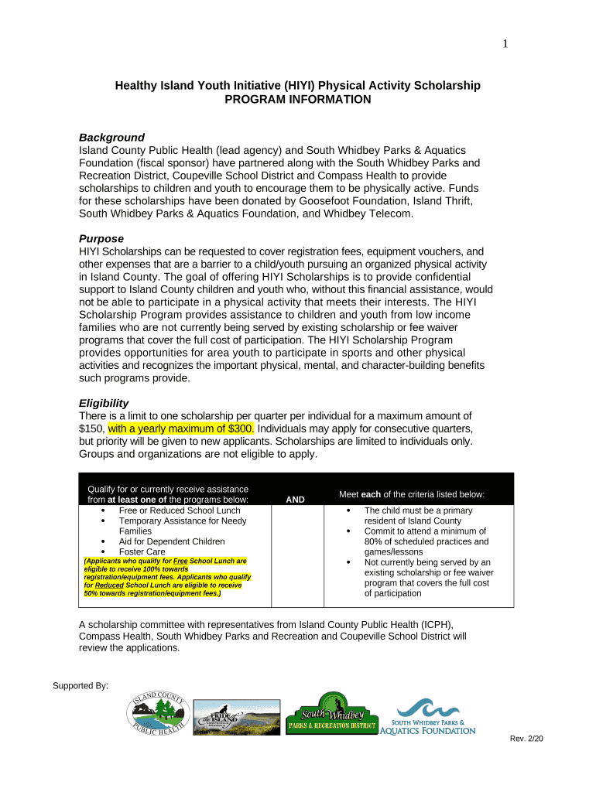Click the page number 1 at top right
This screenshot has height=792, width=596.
tap(505, 44)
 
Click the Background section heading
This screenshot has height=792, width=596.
tap(111, 137)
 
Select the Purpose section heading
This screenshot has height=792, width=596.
tap(101, 238)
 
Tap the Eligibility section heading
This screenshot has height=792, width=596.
tap(104, 403)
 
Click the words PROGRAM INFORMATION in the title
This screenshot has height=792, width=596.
tap(297, 100)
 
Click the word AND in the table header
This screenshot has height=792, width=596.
tap(295, 500)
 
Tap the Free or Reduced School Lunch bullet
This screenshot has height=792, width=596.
tap(179, 510)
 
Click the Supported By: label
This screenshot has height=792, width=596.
tap(80, 686)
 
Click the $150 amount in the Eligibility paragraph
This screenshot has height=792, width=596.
tap(91, 428)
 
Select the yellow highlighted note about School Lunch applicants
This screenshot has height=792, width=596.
tap(166, 577)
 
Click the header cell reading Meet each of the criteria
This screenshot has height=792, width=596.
tap(412, 493)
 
